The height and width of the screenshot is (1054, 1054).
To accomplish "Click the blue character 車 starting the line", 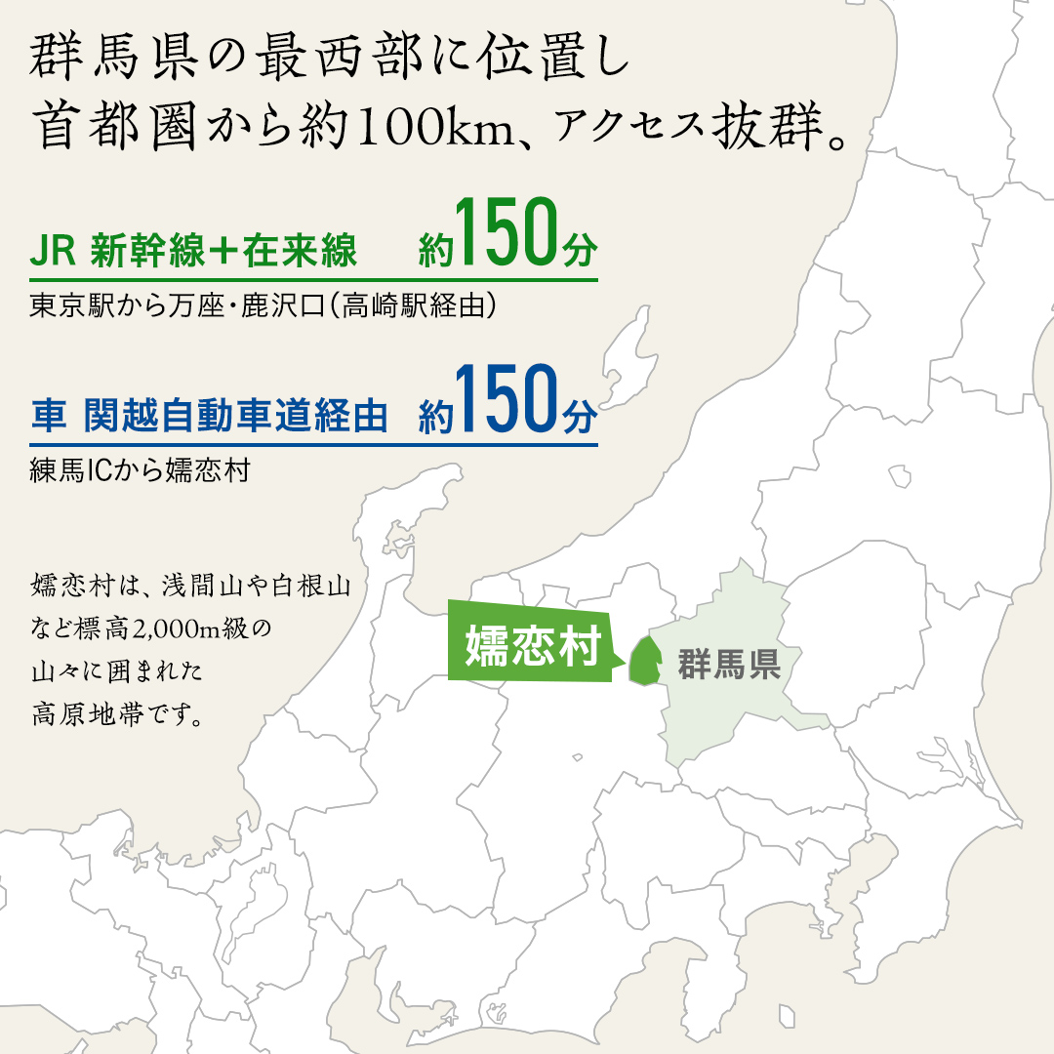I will [x=47, y=417].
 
